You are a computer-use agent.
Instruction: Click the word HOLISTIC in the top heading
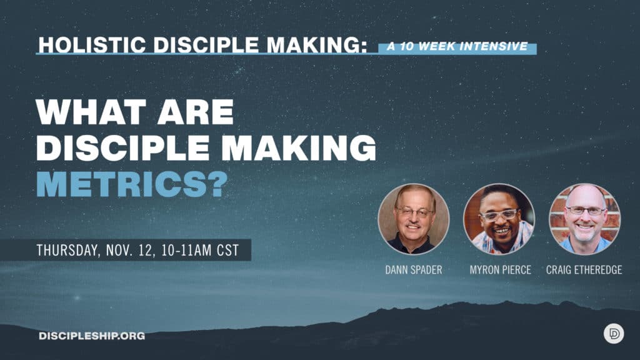click(x=92, y=45)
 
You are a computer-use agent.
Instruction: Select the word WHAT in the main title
click(x=91, y=112)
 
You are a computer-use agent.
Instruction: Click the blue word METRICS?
click(x=132, y=184)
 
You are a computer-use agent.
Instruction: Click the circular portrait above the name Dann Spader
click(x=414, y=219)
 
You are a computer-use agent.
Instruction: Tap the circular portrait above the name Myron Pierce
click(x=499, y=219)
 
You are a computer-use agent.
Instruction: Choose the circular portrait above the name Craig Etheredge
click(x=584, y=219)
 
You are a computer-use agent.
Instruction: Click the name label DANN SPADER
click(x=414, y=270)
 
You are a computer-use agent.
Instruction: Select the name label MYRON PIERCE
click(x=501, y=270)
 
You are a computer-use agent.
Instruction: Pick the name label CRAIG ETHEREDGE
click(x=584, y=270)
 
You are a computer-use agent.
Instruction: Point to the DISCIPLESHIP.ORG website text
click(x=92, y=336)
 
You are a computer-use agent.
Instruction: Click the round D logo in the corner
click(x=614, y=334)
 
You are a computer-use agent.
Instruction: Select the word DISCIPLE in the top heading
click(x=206, y=45)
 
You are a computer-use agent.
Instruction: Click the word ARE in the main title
click(x=196, y=112)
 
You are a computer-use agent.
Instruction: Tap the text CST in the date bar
click(x=227, y=250)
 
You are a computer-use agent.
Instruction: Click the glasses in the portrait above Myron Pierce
click(x=499, y=215)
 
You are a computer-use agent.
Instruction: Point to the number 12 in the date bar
click(x=145, y=250)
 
